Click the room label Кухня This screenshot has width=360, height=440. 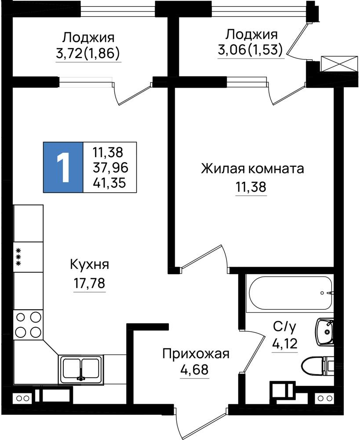click(x=89, y=265)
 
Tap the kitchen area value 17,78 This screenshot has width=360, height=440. click(x=89, y=283)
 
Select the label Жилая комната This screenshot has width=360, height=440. click(x=252, y=169)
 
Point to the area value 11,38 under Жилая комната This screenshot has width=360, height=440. click(x=251, y=187)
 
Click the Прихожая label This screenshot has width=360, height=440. click(x=196, y=354)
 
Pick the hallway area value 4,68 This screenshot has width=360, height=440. click(x=195, y=370)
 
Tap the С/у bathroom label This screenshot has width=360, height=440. click(x=284, y=327)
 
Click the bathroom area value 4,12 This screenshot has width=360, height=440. click(x=284, y=343)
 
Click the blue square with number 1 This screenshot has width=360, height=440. click(x=63, y=167)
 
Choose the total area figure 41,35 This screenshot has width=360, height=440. click(x=109, y=183)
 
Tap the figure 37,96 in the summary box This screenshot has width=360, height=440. click(x=110, y=168)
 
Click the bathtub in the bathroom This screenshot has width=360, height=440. click(x=290, y=293)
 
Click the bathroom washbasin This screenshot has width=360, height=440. click(x=325, y=332)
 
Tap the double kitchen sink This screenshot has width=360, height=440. click(x=81, y=369)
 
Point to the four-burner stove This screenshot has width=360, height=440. click(x=28, y=325)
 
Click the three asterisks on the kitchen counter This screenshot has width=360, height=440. click(x=19, y=257)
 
